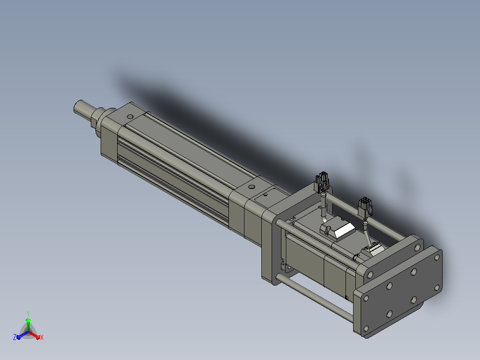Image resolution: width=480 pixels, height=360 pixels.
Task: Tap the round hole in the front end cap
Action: pyautogui.click(x=130, y=117)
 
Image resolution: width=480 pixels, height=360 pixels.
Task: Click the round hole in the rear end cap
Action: pyautogui.click(x=252, y=187)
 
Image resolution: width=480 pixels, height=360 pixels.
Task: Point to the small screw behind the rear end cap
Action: pyautogui.click(x=265, y=194)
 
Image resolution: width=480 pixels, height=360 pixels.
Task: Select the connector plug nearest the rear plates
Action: pyautogui.click(x=365, y=207)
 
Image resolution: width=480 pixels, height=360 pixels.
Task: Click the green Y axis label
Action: pyautogui.click(x=28, y=313)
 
